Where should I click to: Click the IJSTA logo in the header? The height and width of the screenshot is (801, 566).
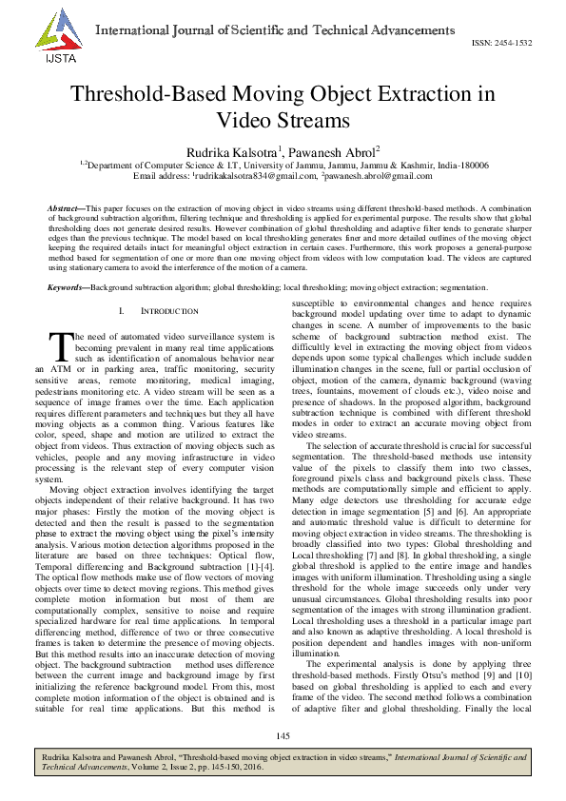(x=51, y=39)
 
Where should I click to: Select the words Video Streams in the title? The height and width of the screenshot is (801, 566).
(x=283, y=120)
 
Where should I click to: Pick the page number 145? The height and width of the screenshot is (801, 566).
(x=283, y=736)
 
